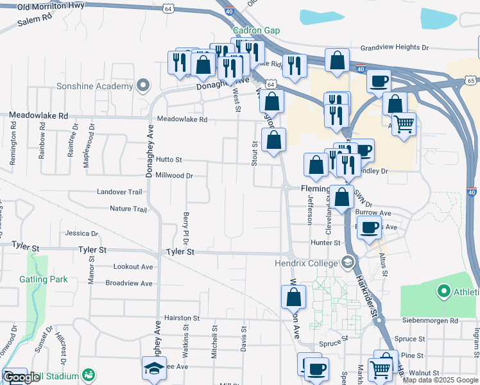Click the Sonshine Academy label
pos(94,85)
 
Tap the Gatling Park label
pos(43,279)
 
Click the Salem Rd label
pos(34,22)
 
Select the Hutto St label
pos(169,160)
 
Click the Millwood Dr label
pos(174,175)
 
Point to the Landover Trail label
pos(119,192)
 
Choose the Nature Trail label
pos(128,209)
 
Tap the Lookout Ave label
pos(133,266)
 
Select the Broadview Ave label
pos(129,283)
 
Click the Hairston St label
pos(182,318)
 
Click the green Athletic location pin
pos(443,292)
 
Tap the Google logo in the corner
pos(21,378)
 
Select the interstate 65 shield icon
pos(472,80)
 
